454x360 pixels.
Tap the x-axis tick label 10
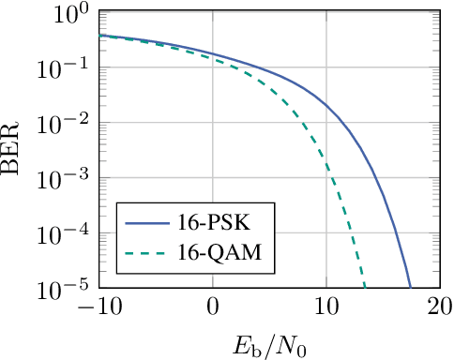pos(325,306)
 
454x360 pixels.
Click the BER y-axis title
pos(16,150)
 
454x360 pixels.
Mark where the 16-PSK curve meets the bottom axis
pos(410,286)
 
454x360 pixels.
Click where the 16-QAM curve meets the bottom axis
pos(364,286)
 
